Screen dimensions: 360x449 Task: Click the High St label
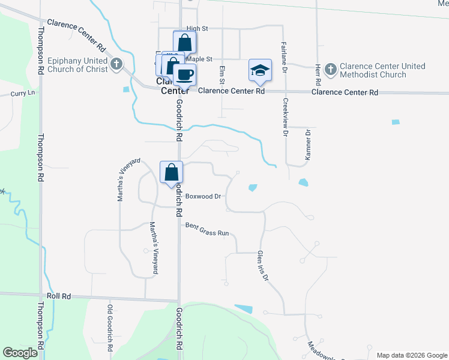[x=196, y=28]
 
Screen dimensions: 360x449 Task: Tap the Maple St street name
[x=200, y=59]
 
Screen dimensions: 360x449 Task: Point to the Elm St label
[x=222, y=75]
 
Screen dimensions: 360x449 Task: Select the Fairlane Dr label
[x=284, y=55]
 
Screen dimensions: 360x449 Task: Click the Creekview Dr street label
[x=286, y=118]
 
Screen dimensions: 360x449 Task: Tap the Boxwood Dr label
[x=203, y=196]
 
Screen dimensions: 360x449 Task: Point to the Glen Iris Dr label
[x=264, y=266]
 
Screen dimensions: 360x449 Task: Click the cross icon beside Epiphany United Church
[x=116, y=63]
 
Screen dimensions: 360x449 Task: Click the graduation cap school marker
[x=259, y=70]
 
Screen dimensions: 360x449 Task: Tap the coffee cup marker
[x=185, y=75]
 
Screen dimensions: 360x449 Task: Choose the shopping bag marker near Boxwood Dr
[x=171, y=172]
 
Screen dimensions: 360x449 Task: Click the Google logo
[x=20, y=353]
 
